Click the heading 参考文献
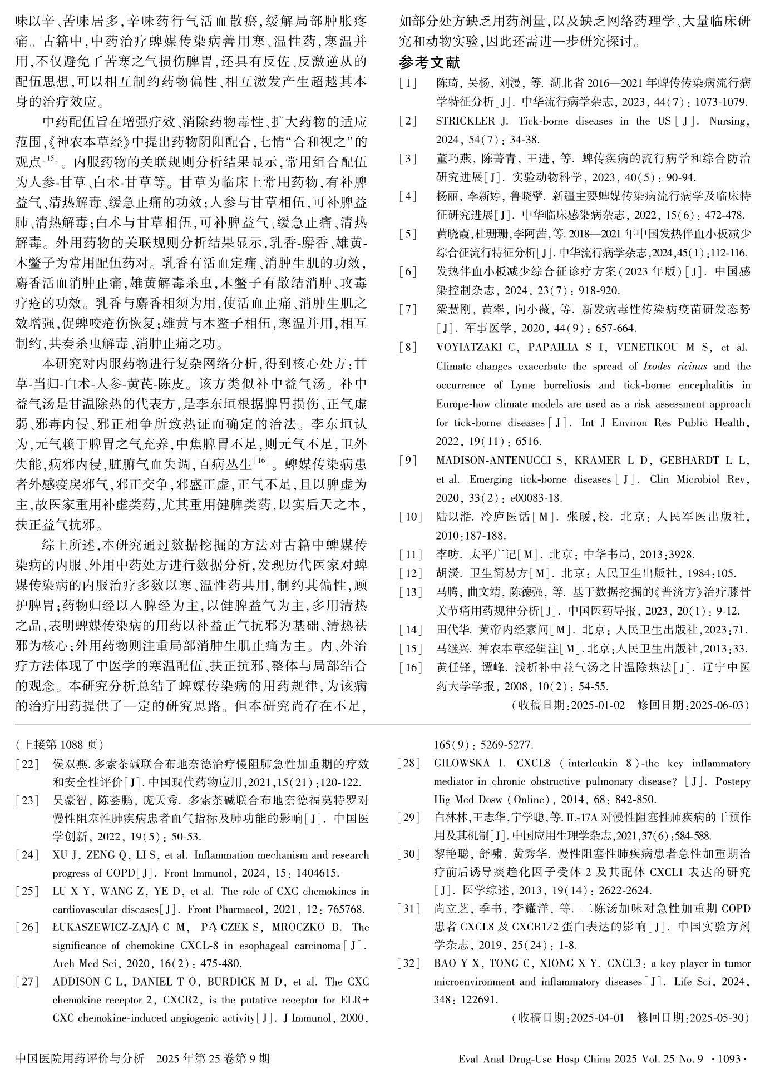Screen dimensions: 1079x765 click(x=430, y=63)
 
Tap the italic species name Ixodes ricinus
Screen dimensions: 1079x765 click(x=674, y=367)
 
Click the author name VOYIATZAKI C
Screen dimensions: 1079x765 click(x=476, y=348)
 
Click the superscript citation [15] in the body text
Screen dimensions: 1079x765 click(x=50, y=159)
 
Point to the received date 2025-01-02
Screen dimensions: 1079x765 click(x=598, y=706)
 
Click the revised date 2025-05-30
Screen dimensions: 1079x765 click(x=717, y=1018)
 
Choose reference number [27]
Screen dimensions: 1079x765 click(x=27, y=982)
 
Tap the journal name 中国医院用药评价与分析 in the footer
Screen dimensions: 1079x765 click(x=80, y=1059)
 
